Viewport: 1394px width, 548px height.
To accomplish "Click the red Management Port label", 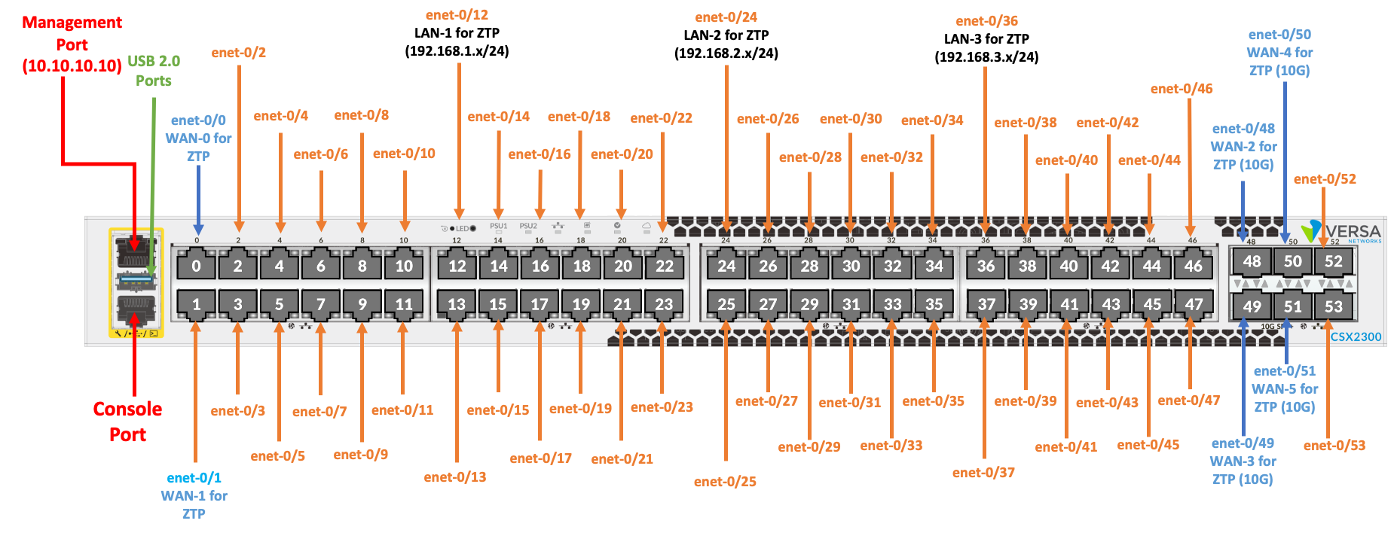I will pyautogui.click(x=72, y=44).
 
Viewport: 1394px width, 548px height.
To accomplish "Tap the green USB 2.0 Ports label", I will pyautogui.click(x=154, y=71).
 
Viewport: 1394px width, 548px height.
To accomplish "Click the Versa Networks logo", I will pyautogui.click(x=1344, y=232).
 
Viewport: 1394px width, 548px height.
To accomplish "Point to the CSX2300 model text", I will pyautogui.click(x=1356, y=336).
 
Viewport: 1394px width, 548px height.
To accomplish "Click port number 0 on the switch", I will pyautogui.click(x=197, y=266).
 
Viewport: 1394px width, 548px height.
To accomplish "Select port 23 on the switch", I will pyautogui.click(x=664, y=304).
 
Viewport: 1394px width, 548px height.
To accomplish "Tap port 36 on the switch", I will pyautogui.click(x=986, y=266).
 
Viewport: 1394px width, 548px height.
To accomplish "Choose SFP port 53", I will pyautogui.click(x=1333, y=306).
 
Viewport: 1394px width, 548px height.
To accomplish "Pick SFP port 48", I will pyautogui.click(x=1252, y=261).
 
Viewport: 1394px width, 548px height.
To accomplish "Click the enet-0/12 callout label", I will pyautogui.click(x=457, y=15).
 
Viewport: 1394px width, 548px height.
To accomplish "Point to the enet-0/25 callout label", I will pyautogui.click(x=725, y=482).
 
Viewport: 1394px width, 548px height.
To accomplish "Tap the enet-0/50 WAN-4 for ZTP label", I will pyautogui.click(x=1279, y=53).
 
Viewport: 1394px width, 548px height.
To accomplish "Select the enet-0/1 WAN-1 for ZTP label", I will pyautogui.click(x=194, y=495).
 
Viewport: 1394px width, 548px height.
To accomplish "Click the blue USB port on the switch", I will pyautogui.click(x=136, y=282).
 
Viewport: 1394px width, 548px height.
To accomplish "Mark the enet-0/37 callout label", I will pyautogui.click(x=983, y=473).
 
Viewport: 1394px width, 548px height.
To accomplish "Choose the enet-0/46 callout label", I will pyautogui.click(x=1182, y=89).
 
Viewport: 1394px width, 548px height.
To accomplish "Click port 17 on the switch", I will pyautogui.click(x=540, y=304).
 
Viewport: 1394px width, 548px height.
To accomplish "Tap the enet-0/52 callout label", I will pyautogui.click(x=1325, y=179).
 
